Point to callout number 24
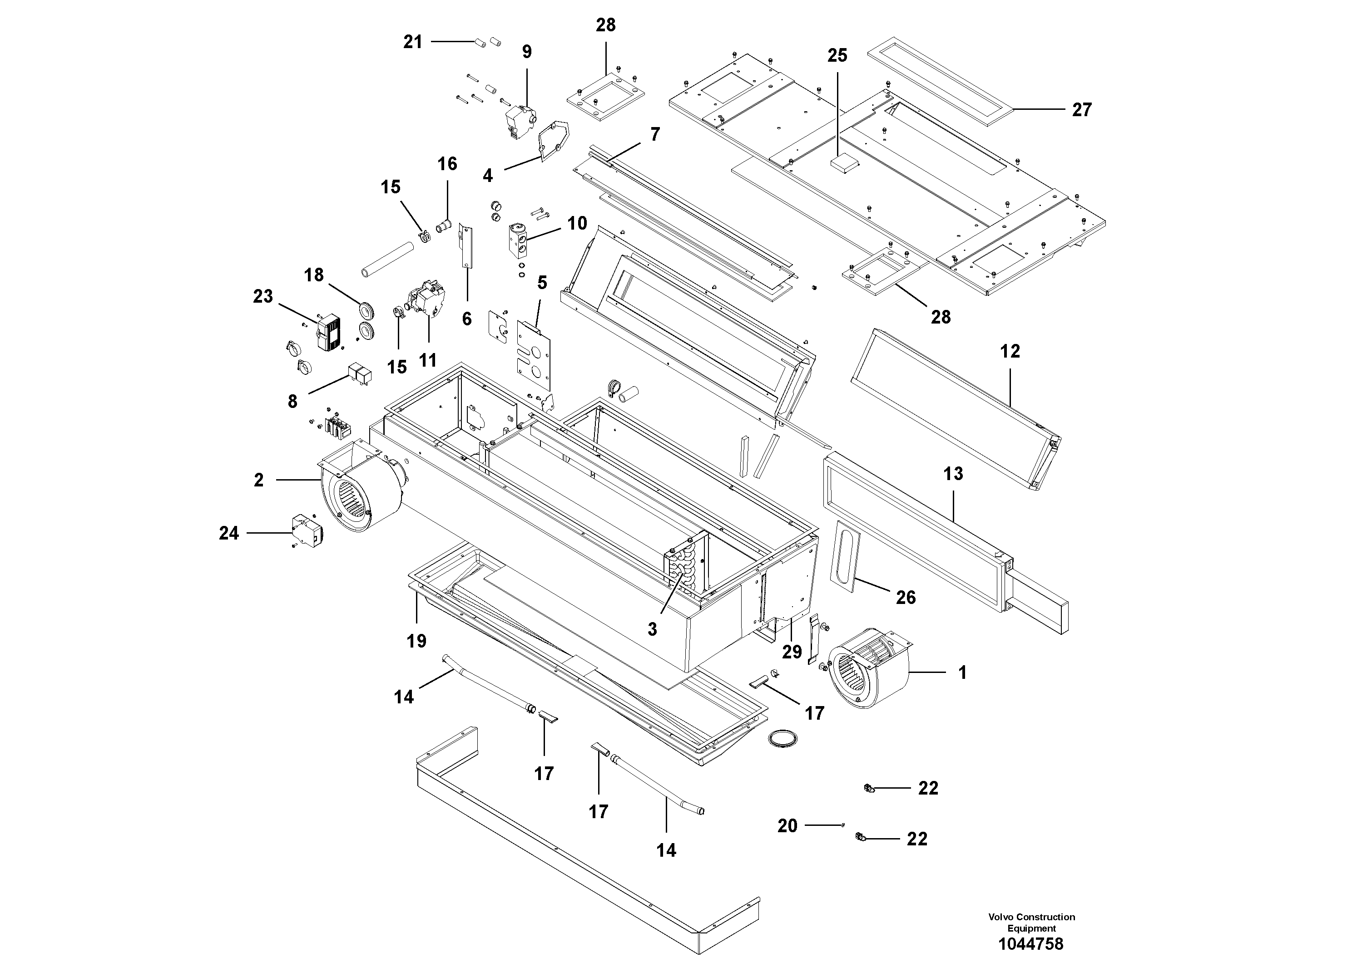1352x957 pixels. (229, 533)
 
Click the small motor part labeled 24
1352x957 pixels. (307, 531)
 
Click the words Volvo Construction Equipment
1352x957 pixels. (1031, 922)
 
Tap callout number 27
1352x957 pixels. (1081, 110)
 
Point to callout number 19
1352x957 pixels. (416, 641)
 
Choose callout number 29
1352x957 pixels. (792, 652)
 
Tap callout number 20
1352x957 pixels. (787, 826)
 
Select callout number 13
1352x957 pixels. (953, 474)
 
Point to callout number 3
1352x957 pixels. (652, 629)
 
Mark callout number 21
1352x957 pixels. (413, 42)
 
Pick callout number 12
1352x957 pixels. (1010, 352)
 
